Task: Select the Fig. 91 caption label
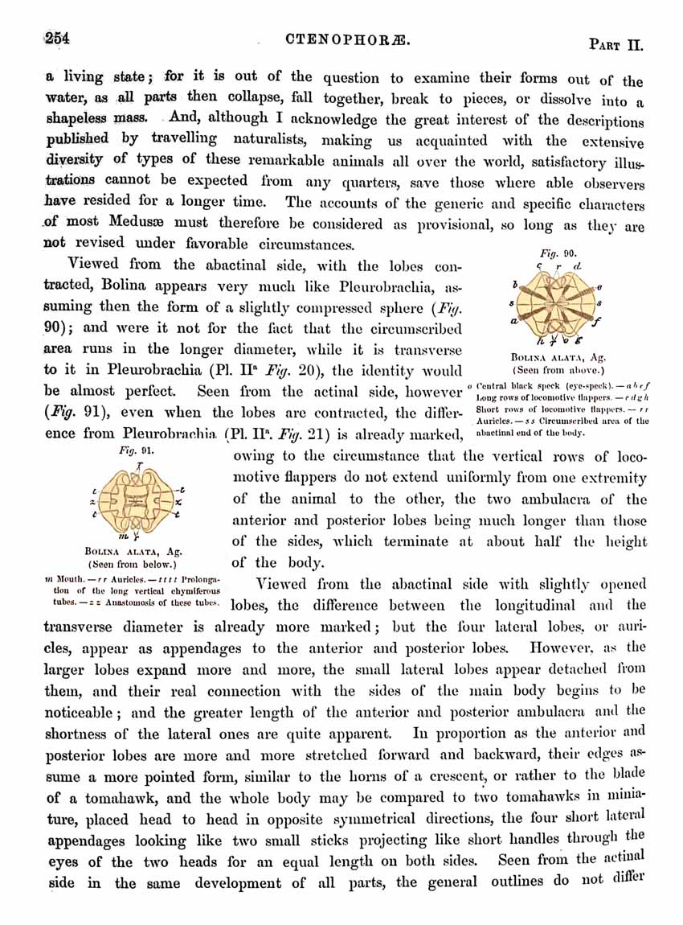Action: click(132, 452)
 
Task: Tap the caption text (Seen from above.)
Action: click(559, 371)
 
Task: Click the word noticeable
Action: click(80, 712)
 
